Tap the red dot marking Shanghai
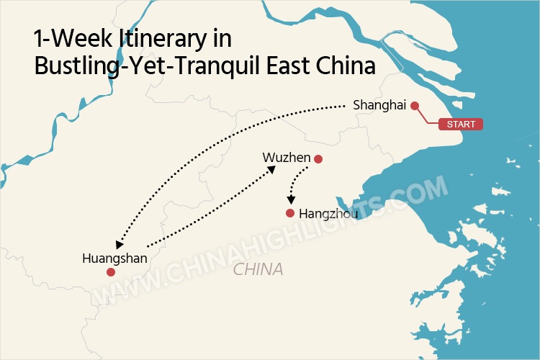(x=414, y=106)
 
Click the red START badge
(x=461, y=124)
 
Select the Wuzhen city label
(x=286, y=158)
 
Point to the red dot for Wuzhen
(x=318, y=159)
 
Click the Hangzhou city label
(x=324, y=214)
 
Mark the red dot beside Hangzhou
(x=290, y=213)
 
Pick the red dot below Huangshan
(x=110, y=272)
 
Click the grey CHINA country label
(x=258, y=270)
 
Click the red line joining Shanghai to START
(x=428, y=118)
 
